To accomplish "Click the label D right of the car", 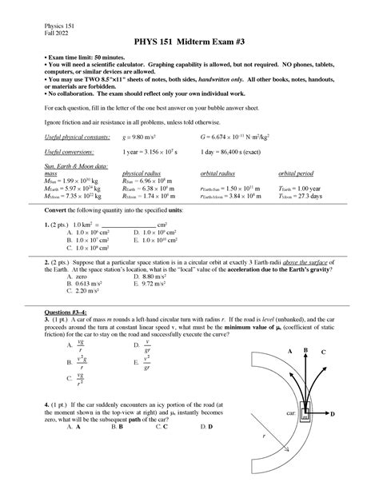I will (332, 413).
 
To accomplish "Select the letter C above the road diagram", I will (322, 353).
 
